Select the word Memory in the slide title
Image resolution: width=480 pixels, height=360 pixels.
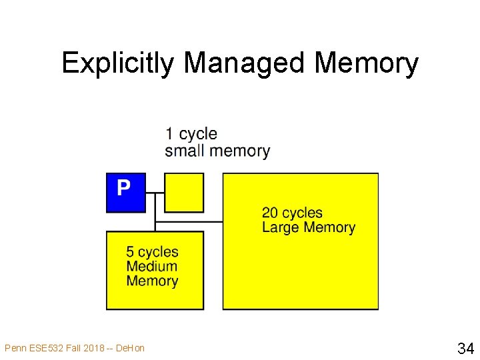[x=366, y=64]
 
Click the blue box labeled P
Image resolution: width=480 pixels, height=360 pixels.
[x=125, y=193]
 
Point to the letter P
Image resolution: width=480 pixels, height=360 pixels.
[x=123, y=188]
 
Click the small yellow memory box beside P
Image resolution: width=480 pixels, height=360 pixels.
[x=183, y=193]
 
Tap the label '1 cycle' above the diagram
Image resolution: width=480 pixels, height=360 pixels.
[x=191, y=134]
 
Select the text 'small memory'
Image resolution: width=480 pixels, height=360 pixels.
[x=217, y=151]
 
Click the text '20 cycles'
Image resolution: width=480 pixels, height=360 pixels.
[x=292, y=213]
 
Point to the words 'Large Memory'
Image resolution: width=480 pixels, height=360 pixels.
[x=309, y=227]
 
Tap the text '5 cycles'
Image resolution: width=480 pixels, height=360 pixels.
[x=153, y=252]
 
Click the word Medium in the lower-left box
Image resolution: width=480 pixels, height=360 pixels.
[x=152, y=266]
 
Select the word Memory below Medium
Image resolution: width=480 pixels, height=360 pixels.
[x=152, y=281]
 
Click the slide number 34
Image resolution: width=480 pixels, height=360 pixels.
[x=465, y=347]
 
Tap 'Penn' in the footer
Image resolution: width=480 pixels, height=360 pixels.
[x=14, y=347]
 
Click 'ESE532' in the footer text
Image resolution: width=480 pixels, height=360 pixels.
[x=42, y=347]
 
